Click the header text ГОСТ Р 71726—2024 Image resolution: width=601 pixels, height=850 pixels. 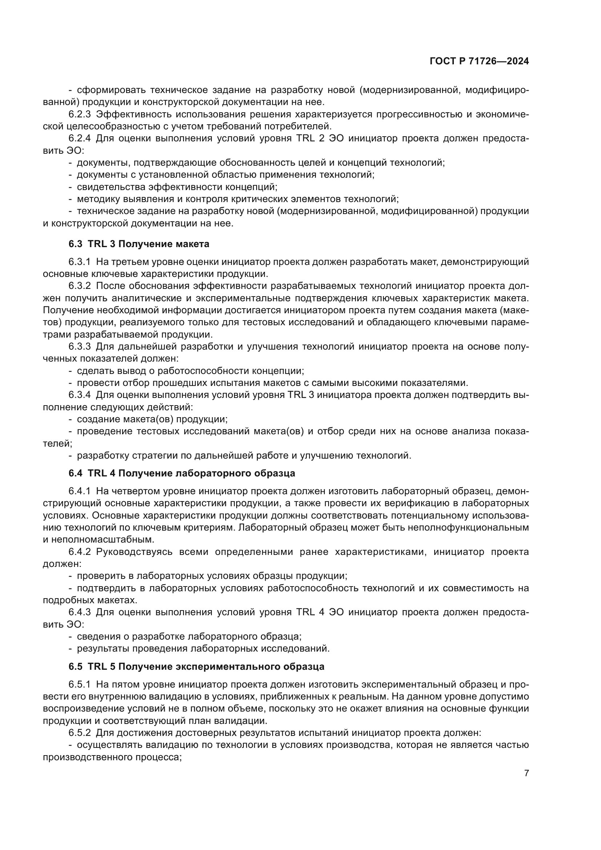(479, 61)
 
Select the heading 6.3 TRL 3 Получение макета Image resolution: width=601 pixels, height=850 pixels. (139, 244)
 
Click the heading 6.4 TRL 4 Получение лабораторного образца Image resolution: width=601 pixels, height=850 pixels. (182, 473)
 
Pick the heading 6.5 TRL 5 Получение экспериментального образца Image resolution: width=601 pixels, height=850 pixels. (196, 666)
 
